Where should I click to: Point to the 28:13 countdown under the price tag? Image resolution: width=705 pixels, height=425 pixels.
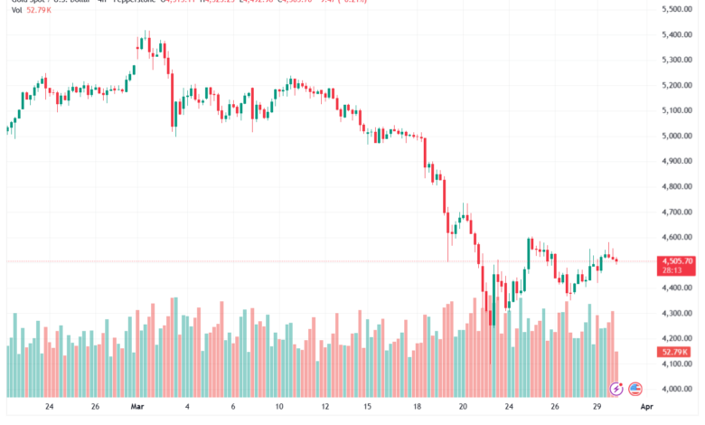674,269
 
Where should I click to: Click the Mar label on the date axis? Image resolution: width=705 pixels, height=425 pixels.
137,407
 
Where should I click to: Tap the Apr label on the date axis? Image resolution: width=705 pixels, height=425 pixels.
646,407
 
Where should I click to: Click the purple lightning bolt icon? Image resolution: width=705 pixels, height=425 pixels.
617,388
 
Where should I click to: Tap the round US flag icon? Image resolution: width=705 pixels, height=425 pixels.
635,388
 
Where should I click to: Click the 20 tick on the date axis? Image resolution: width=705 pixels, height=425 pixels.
463,407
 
